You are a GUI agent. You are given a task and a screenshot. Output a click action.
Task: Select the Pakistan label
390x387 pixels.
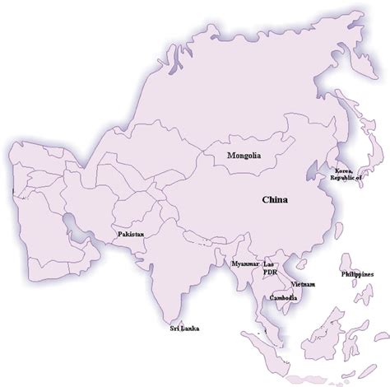click(131, 235)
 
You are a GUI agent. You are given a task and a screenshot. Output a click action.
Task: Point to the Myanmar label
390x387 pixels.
click(244, 263)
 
